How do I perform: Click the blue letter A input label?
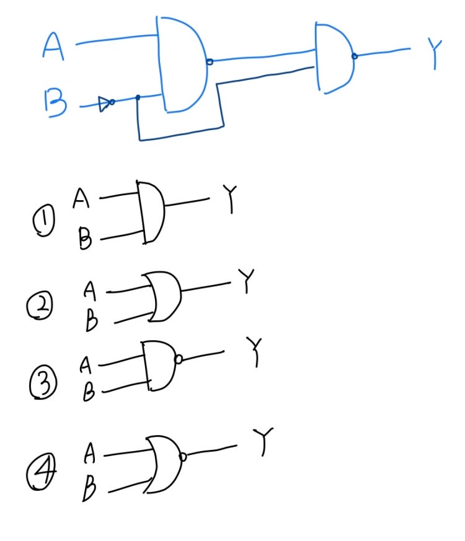click(53, 46)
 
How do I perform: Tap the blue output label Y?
click(436, 54)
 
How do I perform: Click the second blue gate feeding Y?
click(334, 58)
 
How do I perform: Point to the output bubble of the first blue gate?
click(210, 61)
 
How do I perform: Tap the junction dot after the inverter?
click(137, 97)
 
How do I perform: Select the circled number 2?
click(42, 307)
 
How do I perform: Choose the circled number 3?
click(43, 384)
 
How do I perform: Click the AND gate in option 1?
click(151, 213)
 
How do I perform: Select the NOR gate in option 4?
click(164, 463)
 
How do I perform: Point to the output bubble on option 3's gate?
click(179, 359)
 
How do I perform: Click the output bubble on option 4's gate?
click(182, 457)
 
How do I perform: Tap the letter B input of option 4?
click(90, 490)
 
